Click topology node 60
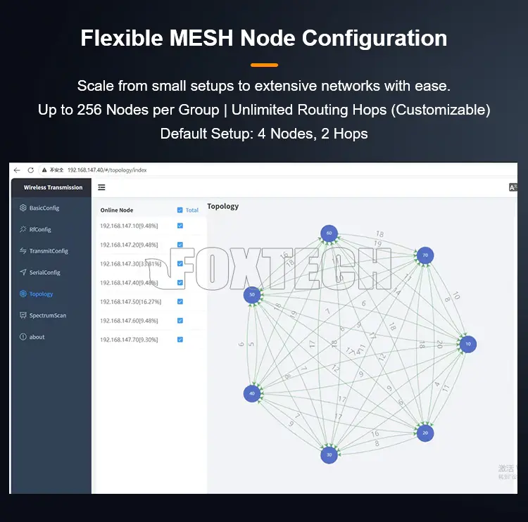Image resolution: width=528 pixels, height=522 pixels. pos(329,234)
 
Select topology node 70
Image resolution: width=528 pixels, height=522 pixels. pos(425,255)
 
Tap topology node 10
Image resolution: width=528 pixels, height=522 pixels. pos(467,344)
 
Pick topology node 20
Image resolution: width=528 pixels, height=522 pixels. pos(425,433)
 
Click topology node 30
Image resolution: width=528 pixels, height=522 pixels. pos(329,454)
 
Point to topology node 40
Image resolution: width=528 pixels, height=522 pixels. pos(252,393)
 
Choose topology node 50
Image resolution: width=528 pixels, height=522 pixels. pos(252,295)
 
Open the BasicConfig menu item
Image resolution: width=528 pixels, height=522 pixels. pos(44,208)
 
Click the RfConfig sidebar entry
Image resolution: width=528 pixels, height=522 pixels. pos(40,229)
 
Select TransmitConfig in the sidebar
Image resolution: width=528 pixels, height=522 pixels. pos(48,251)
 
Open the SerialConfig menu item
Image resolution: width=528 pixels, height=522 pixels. pos(44,272)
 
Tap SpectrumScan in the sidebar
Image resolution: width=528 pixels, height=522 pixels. pos(47,315)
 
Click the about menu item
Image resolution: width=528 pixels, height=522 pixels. pos(37,337)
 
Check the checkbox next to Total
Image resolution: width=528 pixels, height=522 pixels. pos(180,210)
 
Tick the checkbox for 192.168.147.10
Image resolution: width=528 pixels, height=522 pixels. pos(180,226)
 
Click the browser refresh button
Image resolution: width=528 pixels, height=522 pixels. pos(30,170)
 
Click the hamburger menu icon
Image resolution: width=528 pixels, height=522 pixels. pos(102,187)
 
